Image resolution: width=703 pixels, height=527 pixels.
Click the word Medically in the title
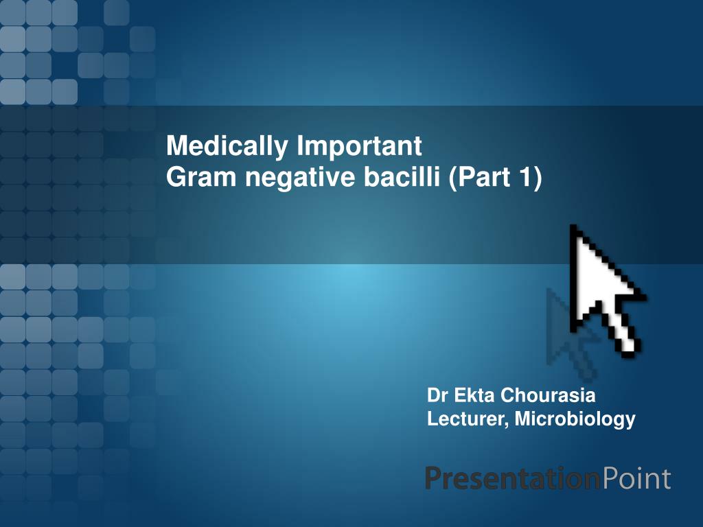click(x=227, y=147)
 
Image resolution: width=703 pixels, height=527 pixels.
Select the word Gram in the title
click(x=201, y=177)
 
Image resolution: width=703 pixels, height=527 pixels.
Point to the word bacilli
click(x=402, y=177)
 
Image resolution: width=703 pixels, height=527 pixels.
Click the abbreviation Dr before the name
click(x=438, y=395)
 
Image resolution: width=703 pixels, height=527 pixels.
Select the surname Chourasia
click(x=548, y=395)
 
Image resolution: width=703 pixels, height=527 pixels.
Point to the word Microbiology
click(x=575, y=420)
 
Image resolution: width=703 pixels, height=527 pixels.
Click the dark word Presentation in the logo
click(x=512, y=478)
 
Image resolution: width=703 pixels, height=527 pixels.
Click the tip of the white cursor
click(x=572, y=225)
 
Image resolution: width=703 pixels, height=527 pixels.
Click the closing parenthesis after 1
click(x=538, y=178)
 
